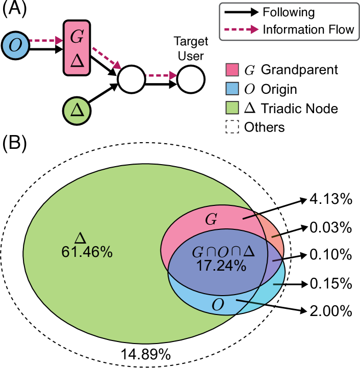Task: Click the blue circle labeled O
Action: click(15, 45)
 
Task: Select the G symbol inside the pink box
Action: click(76, 37)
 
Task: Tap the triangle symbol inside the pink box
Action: click(77, 61)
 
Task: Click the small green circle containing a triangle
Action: click(77, 111)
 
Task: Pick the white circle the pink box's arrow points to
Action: click(132, 79)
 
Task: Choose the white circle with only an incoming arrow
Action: click(191, 79)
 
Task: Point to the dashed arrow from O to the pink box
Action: click(45, 40)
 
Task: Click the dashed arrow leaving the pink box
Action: click(106, 58)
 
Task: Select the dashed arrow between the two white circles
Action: click(161, 76)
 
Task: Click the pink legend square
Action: click(232, 70)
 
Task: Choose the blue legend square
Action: click(232, 89)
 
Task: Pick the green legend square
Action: click(232, 108)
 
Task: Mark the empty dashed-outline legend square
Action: click(232, 126)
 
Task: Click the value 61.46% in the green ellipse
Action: click(87, 252)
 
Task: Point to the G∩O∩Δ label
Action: click(223, 252)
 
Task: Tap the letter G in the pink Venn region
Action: click(211, 220)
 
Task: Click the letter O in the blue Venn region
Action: click(218, 305)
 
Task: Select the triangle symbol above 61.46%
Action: click(81, 238)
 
